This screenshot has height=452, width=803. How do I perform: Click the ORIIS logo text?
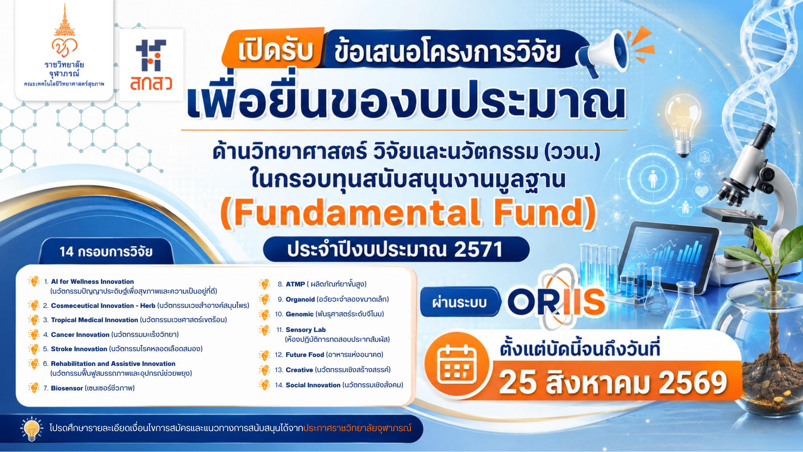[556, 302]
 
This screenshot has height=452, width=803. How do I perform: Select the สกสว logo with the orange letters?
[151, 65]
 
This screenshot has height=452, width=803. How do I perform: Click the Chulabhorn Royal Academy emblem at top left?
[64, 47]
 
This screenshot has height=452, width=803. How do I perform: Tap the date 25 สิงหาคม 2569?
[613, 383]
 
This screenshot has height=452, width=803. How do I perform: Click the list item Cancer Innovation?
[80, 335]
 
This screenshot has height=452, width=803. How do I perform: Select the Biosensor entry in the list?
[67, 388]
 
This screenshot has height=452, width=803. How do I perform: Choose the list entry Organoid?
[300, 299]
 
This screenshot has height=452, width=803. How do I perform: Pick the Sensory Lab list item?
[306, 330]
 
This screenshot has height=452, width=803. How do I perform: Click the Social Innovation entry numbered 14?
[313, 385]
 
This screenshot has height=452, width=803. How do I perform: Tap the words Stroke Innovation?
[79, 349]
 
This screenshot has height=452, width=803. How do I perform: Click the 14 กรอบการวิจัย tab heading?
[106, 252]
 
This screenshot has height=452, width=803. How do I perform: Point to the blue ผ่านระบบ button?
[459, 302]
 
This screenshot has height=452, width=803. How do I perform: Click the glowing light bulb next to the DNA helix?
[683, 125]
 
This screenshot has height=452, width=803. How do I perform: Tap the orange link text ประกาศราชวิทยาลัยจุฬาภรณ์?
[357, 428]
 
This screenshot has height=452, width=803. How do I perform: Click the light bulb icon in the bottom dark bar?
[32, 429]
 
